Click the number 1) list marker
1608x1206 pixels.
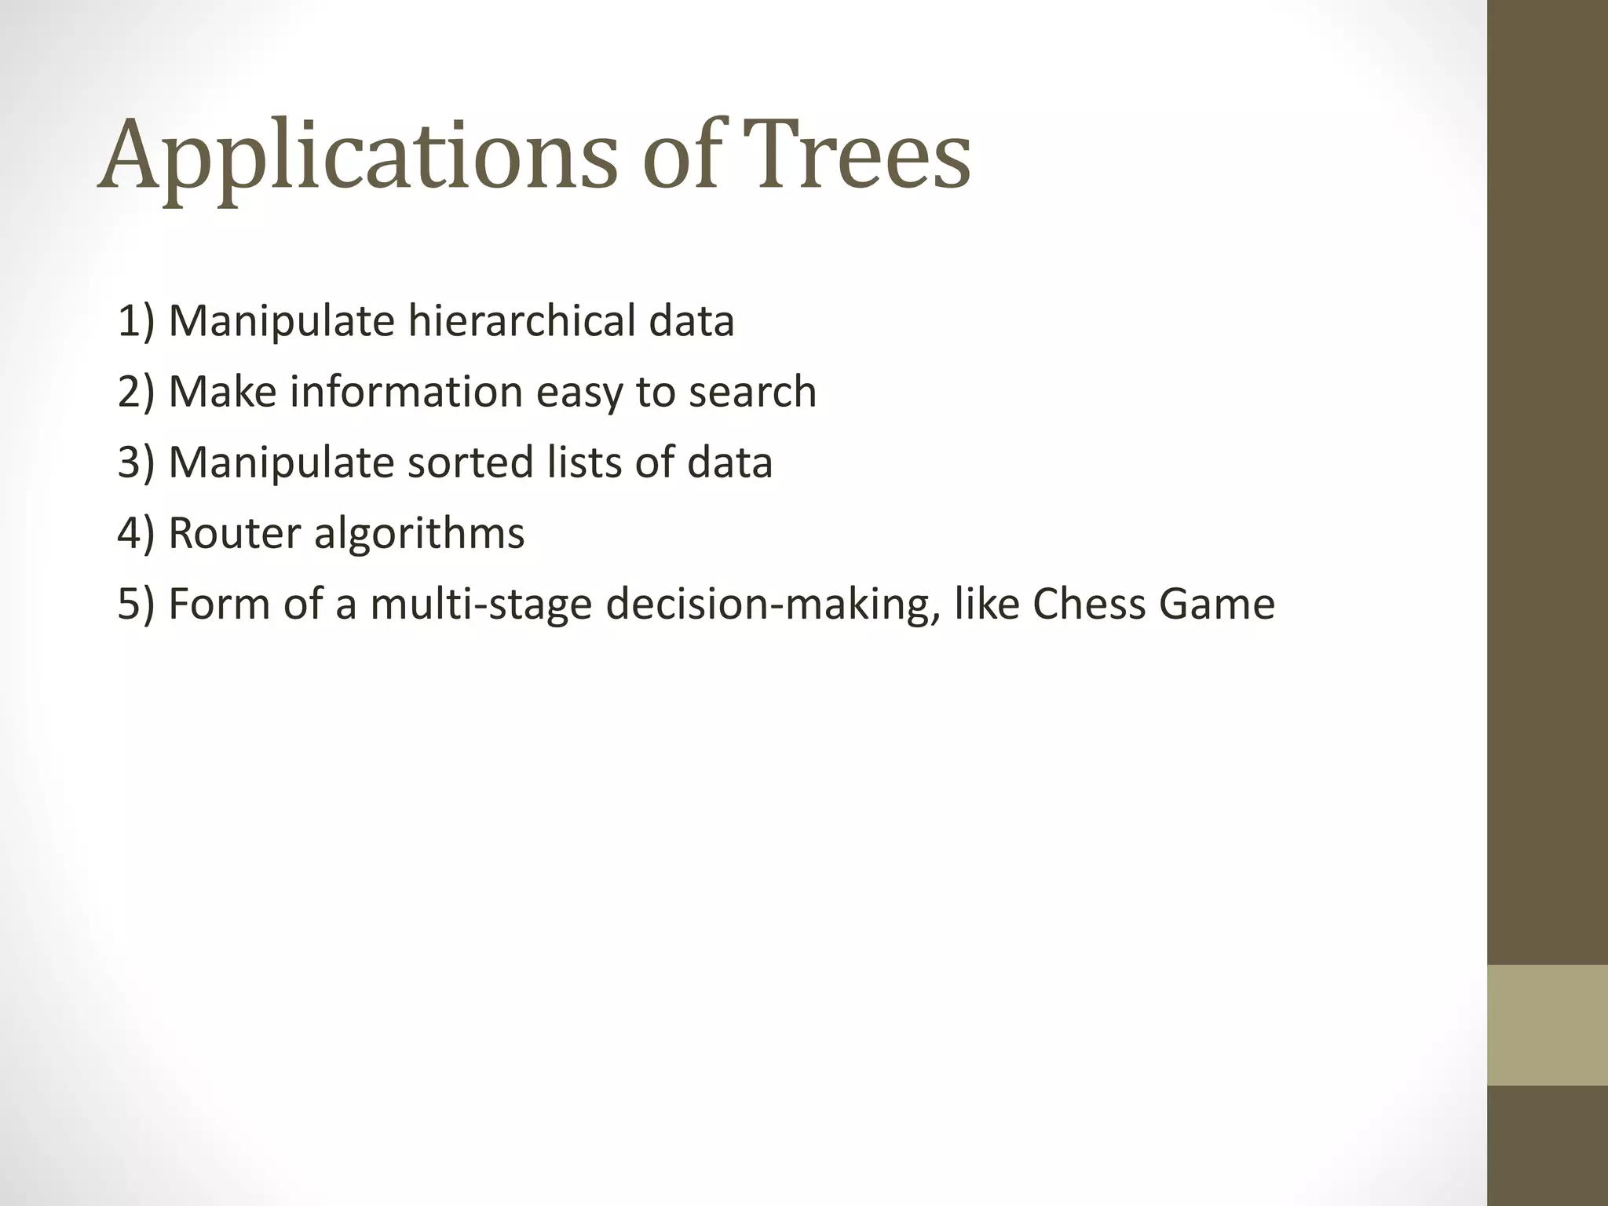[137, 321]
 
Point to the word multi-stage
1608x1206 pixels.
[481, 604]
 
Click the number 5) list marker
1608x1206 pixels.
[137, 604]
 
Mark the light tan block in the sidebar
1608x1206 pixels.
[1548, 1025]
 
